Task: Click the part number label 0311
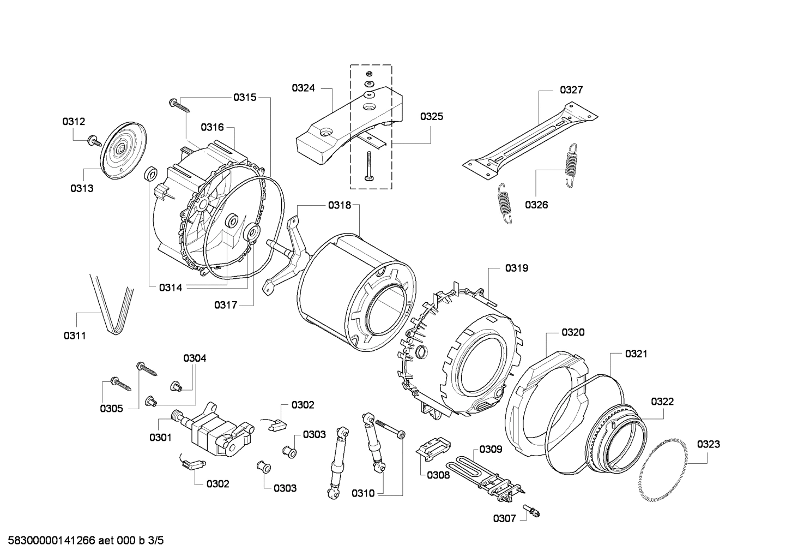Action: pos(74,336)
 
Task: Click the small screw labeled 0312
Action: pos(94,140)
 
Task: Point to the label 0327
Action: pos(571,90)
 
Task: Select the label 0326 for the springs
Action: pos(536,205)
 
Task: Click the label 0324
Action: pos(303,87)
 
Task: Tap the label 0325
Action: pos(431,116)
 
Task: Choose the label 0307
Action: pos(504,518)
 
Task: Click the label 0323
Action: pos(708,444)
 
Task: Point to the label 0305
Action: pos(111,408)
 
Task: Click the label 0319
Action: pos(516,268)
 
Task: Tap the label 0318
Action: pos(339,205)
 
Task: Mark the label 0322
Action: pos(662,402)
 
